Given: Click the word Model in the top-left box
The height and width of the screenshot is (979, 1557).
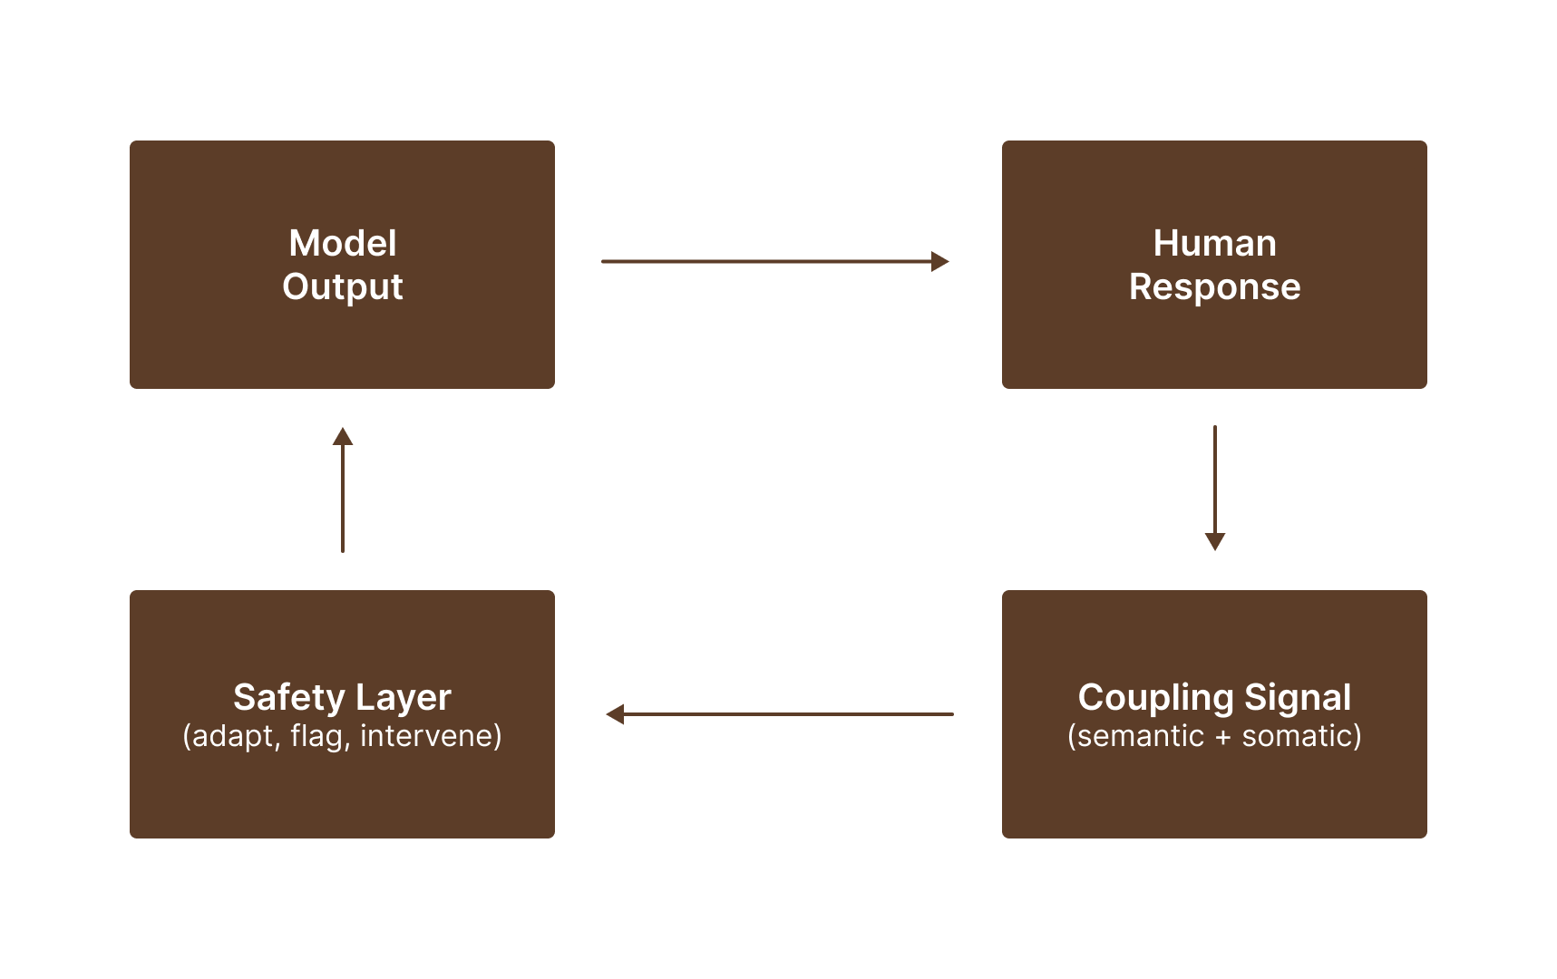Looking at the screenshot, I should pos(342,243).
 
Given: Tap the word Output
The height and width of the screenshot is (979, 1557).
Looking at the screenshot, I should pos(342,286).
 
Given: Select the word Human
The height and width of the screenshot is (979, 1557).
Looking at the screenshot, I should pos(1214,243).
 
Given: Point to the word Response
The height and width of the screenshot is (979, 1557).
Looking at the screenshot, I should pos(1214,286).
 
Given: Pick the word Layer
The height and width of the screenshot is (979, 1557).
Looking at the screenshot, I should pos(404,697).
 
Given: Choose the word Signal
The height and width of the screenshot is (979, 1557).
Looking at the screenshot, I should pos(1298,697).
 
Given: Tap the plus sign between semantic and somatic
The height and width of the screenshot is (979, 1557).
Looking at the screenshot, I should pos(1222,737).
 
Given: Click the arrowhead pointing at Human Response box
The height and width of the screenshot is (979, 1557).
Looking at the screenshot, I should pos(940,261).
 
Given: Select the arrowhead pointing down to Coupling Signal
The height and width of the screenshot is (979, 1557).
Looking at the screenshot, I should pos(1214,541).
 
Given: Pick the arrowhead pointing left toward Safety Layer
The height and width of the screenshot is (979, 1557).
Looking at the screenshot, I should pos(615,714).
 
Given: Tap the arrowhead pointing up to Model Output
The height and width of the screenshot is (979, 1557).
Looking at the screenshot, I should pos(342,436).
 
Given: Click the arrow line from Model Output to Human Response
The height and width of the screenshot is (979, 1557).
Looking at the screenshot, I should pos(766,261).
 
